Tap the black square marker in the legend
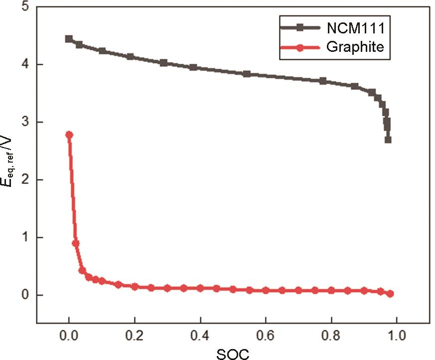click(300, 28)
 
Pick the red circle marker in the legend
click(300, 48)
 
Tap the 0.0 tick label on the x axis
click(69, 334)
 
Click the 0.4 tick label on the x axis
click(200, 334)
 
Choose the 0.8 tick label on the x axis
click(331, 334)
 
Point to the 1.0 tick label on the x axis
click(397, 334)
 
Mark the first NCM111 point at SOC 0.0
click(69, 39)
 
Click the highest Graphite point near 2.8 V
click(69, 135)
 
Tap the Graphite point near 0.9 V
click(76, 243)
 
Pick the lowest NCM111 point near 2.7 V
click(388, 140)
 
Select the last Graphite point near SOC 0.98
click(390, 294)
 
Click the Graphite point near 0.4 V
click(82, 270)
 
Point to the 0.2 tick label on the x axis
click(135, 334)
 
